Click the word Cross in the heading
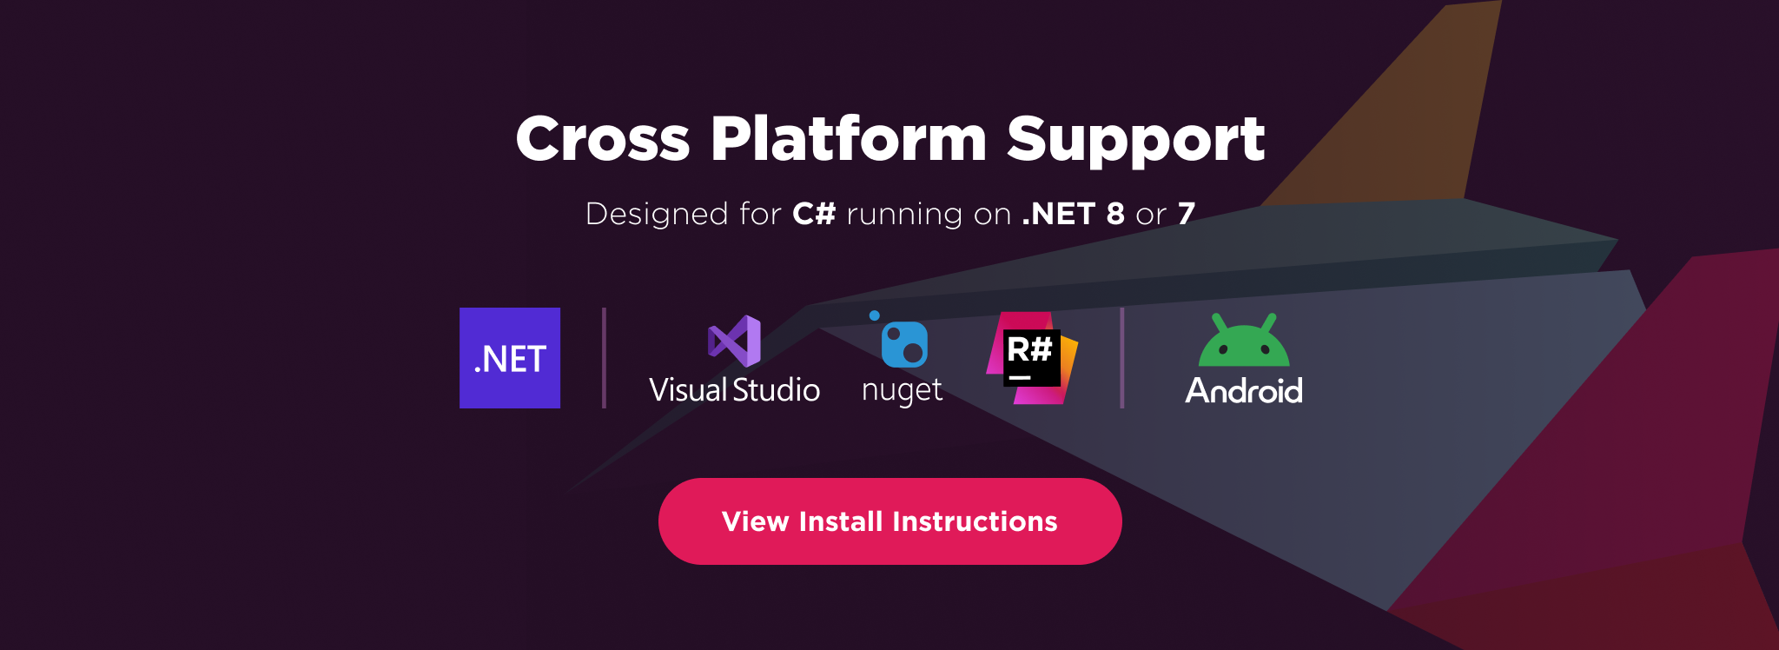[603, 140]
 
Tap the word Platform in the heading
[849, 140]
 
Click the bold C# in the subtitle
[814, 214]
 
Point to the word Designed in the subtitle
[657, 214]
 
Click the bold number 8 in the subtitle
[1115, 214]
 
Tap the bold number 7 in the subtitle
[1187, 214]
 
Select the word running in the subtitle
[904, 215]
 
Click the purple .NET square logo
[510, 358]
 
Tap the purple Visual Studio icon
[735, 341]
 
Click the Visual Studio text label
[734, 390]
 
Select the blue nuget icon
[903, 342]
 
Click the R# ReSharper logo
[1032, 358]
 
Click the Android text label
[1244, 391]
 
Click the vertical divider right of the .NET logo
[604, 358]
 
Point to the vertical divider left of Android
[1121, 358]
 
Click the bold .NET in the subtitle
[1059, 214]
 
